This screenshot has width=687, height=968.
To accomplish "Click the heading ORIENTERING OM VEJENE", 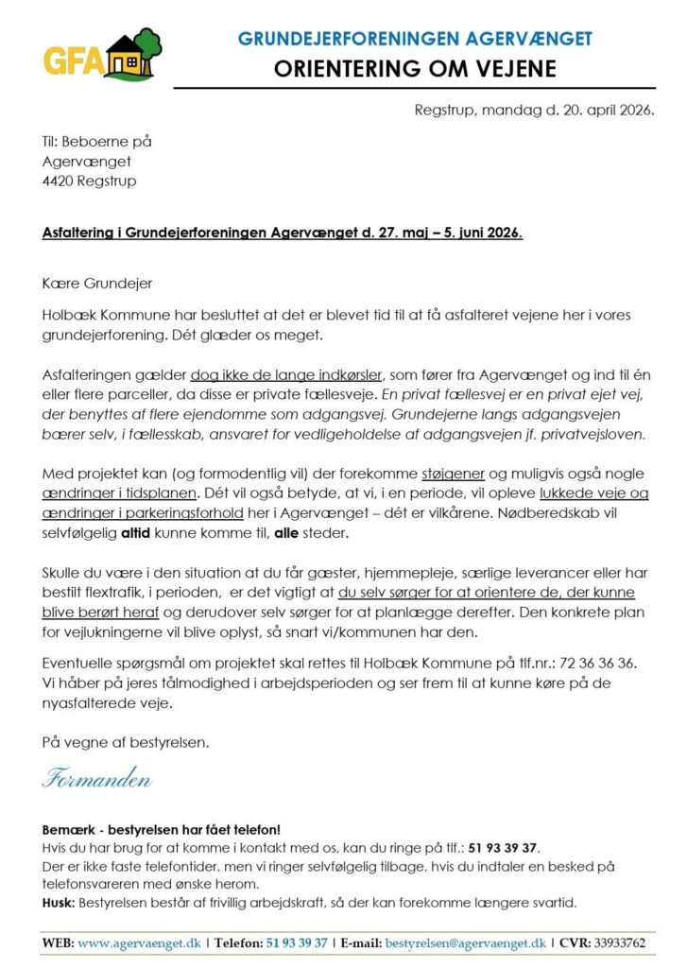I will tap(415, 69).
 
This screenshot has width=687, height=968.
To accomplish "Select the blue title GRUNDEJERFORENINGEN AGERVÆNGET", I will tap(415, 39).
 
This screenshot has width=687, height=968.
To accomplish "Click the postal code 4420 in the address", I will tap(59, 181).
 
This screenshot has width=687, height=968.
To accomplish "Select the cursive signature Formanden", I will tap(97, 780).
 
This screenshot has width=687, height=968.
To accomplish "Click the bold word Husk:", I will tap(61, 902).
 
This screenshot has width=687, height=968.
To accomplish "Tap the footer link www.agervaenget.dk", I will tap(141, 942).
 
